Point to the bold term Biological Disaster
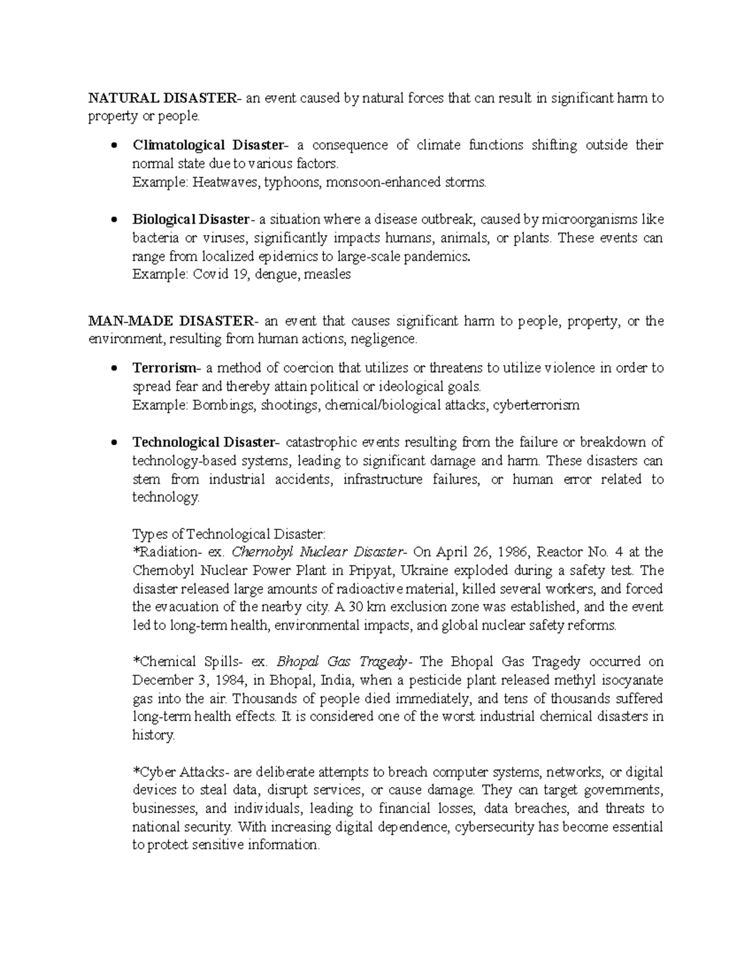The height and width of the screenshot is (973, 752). (x=192, y=220)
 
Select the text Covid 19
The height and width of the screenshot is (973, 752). (x=217, y=275)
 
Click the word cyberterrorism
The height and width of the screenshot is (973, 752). (x=536, y=405)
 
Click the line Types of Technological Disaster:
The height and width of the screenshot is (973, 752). (x=229, y=534)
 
